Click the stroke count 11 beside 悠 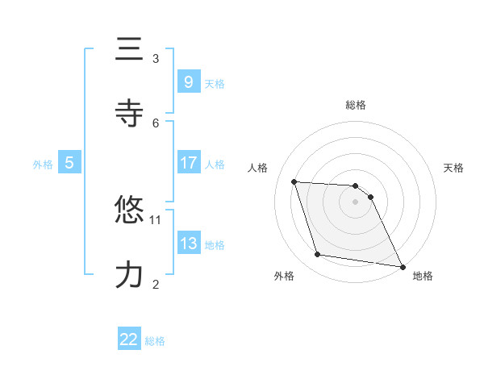click(x=156, y=219)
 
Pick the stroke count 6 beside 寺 click(x=156, y=123)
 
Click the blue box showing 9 click(x=188, y=81)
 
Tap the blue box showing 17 click(x=188, y=163)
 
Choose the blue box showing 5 click(x=69, y=163)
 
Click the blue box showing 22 click(x=129, y=339)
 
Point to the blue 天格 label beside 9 click(x=215, y=83)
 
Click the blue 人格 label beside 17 click(x=215, y=165)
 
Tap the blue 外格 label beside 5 click(x=43, y=165)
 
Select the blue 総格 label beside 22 click(x=155, y=341)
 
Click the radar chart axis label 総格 click(x=355, y=105)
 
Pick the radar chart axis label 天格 click(x=453, y=168)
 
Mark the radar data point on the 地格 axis click(x=402, y=266)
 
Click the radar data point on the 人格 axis click(x=294, y=182)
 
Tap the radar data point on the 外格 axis click(x=318, y=255)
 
